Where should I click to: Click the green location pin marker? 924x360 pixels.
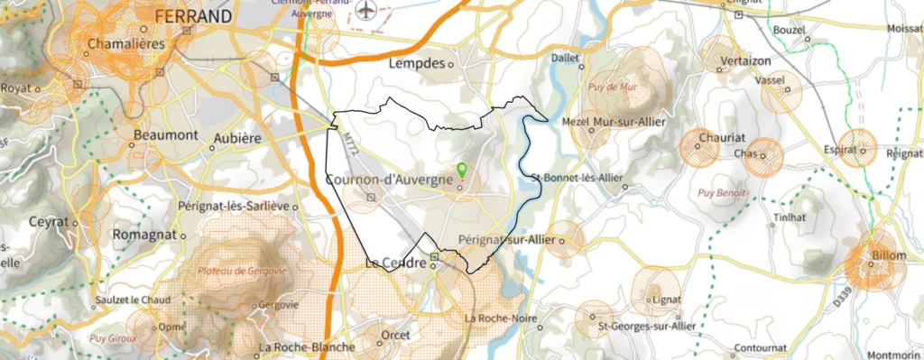(x=462, y=169)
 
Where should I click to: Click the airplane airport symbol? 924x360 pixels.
(x=365, y=10)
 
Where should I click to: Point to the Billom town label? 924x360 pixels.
(x=888, y=256)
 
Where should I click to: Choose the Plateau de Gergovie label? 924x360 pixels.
(x=243, y=270)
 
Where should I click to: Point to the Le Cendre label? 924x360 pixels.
(x=395, y=263)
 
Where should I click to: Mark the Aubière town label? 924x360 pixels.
(x=236, y=138)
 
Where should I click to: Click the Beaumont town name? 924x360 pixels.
(x=165, y=134)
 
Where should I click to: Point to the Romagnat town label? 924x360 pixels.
(x=143, y=234)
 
